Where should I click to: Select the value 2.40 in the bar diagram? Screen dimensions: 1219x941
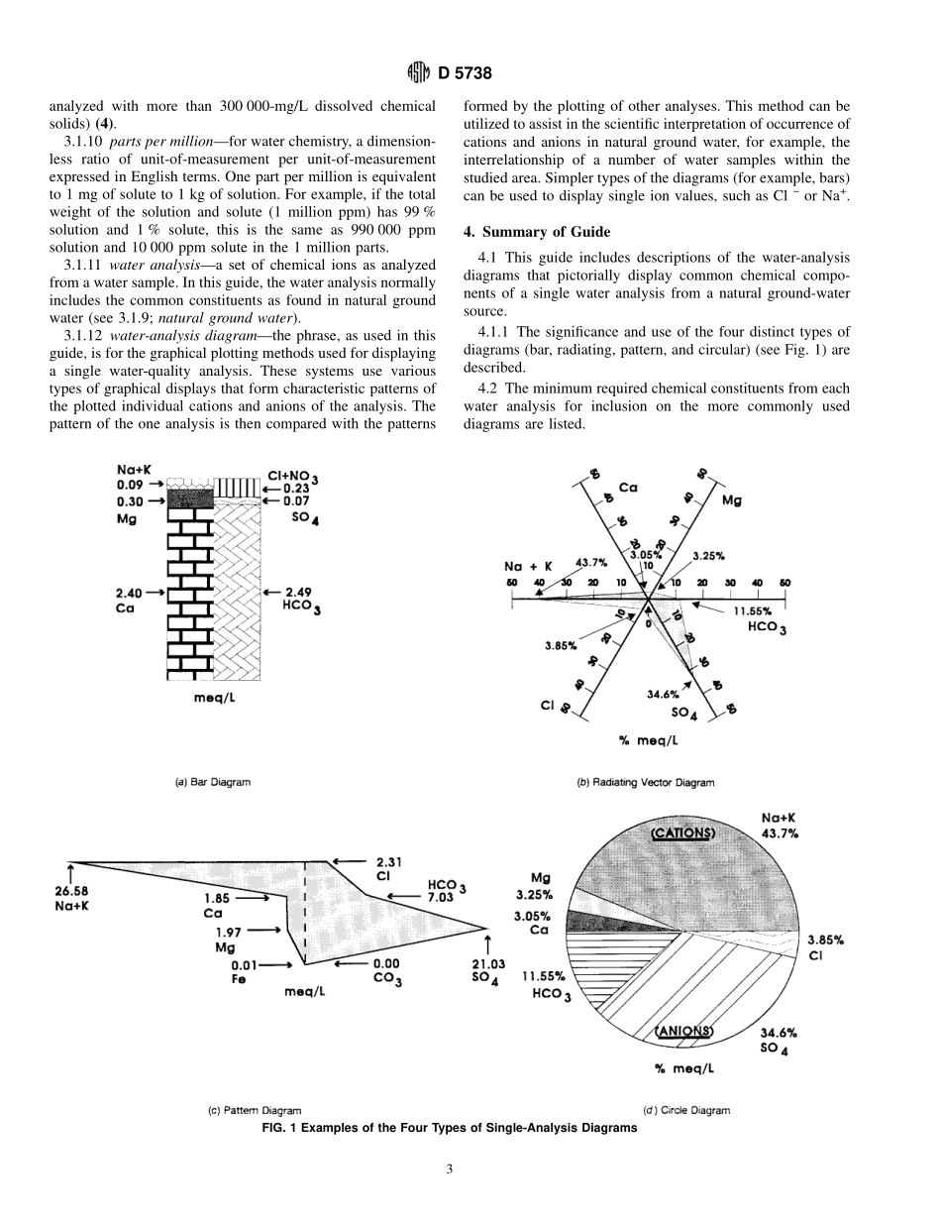point(131,592)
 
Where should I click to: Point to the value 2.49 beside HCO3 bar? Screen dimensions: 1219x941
point(298,592)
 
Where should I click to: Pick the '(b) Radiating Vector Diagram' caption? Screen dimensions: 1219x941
point(645,783)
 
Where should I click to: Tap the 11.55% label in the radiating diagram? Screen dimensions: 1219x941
point(755,611)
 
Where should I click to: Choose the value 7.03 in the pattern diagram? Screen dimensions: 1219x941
point(441,896)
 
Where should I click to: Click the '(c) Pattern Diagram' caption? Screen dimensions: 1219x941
point(255,1111)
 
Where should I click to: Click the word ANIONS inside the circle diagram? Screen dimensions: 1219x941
point(684,1031)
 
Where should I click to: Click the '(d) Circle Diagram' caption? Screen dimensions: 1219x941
point(686,1111)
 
